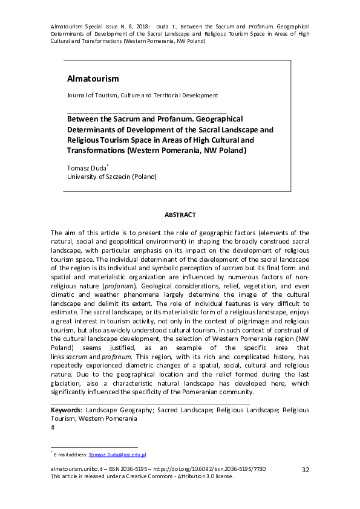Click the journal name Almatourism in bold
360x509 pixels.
(x=93, y=79)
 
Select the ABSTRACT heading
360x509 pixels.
(x=180, y=215)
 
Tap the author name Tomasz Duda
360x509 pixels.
(x=87, y=167)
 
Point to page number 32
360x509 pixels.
(x=306, y=470)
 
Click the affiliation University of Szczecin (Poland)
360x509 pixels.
(x=111, y=177)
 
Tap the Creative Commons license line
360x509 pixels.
(x=142, y=476)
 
